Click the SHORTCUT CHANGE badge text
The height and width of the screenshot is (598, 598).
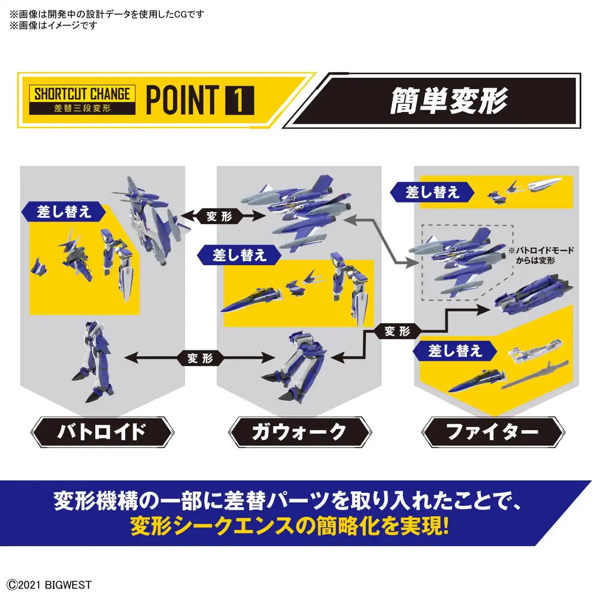click(x=82, y=94)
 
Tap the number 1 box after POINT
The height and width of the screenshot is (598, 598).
click(x=239, y=100)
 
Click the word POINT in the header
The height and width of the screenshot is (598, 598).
click(x=182, y=100)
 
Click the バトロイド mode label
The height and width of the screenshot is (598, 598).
click(x=102, y=432)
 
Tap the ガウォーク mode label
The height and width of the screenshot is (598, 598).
click(x=299, y=432)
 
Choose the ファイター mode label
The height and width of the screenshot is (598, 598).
click(x=493, y=432)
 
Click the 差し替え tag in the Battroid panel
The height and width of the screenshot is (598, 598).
click(x=64, y=212)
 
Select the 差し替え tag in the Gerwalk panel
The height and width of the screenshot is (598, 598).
click(x=240, y=256)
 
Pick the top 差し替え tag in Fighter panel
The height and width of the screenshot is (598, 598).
click(x=432, y=192)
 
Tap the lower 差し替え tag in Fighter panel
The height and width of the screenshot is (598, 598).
click(x=455, y=351)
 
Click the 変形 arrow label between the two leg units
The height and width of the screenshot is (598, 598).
click(x=200, y=358)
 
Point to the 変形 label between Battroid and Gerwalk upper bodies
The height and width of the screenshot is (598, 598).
click(x=219, y=216)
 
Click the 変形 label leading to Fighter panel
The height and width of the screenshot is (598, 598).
click(x=397, y=331)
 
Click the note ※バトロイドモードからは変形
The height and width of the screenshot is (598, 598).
click(x=541, y=255)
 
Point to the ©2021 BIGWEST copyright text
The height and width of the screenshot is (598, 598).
click(x=50, y=585)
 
